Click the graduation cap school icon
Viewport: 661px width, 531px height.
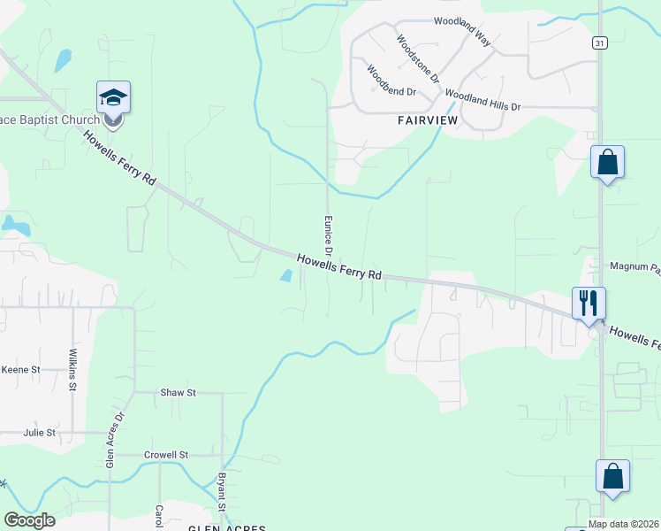click(113, 96)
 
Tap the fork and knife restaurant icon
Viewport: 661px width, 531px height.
click(588, 303)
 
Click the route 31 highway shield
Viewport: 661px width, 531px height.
click(599, 42)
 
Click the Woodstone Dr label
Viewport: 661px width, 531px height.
click(418, 58)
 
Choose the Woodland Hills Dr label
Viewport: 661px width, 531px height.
click(482, 99)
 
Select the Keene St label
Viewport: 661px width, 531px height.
click(20, 369)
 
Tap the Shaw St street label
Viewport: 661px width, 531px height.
click(178, 392)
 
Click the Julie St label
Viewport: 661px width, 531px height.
click(40, 433)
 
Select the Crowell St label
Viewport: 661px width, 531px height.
click(166, 454)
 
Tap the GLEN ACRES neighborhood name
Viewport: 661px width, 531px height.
click(227, 527)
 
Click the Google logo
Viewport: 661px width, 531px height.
click(29, 520)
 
